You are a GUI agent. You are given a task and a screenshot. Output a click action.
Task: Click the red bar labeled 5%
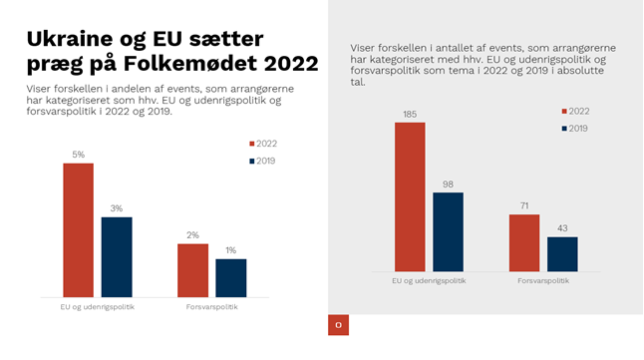[78, 229]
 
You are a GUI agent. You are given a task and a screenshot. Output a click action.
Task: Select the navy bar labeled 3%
[116, 256]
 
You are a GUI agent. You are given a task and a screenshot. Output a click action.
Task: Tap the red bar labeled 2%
[192, 269]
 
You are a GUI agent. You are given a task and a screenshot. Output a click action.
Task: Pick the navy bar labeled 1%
[230, 277]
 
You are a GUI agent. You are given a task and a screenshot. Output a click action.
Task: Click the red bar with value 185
[410, 195]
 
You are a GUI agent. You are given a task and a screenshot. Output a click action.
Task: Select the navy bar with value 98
[448, 230]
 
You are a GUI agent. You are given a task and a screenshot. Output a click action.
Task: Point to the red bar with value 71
[523, 241]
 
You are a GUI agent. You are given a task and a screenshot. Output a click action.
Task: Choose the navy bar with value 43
[562, 252]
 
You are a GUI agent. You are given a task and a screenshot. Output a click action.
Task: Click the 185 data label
[410, 115]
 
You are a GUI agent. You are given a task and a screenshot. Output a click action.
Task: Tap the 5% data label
[78, 155]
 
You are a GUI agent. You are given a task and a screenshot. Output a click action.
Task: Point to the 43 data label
[562, 229]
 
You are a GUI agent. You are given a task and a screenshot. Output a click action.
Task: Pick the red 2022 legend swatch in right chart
[565, 112]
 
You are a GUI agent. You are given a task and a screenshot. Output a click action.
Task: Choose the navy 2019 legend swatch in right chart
[565, 129]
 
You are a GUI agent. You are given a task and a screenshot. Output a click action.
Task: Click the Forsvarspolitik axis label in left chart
[211, 306]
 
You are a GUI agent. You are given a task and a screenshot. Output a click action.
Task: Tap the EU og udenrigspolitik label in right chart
[429, 280]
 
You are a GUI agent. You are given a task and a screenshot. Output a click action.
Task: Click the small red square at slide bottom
[338, 325]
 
